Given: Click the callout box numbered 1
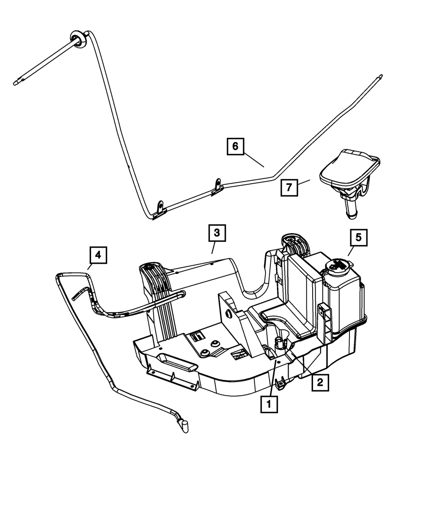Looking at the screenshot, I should pos(269,404).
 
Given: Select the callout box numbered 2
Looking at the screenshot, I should pos(320,383).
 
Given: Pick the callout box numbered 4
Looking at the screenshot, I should pos(98,255).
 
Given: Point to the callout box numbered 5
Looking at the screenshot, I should pos(358,237).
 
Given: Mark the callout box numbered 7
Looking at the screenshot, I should pos(289,188).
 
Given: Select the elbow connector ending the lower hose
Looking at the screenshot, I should pos(184,426).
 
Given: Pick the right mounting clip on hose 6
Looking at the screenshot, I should pos(217,186).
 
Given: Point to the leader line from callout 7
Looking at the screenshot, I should pos(304,182).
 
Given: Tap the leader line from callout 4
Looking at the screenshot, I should pos(90,267).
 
